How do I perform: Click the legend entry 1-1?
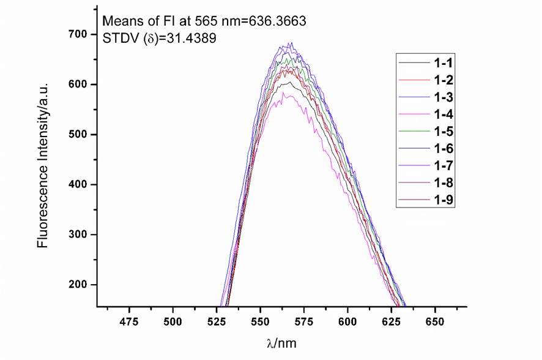[444, 62]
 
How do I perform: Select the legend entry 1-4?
[444, 114]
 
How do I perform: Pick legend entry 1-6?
[444, 148]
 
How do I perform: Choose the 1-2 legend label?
[444, 80]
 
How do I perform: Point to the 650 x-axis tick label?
[434, 321]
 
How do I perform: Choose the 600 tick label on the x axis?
[347, 321]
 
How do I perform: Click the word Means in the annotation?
[120, 21]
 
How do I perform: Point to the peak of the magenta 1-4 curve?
[283, 93]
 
